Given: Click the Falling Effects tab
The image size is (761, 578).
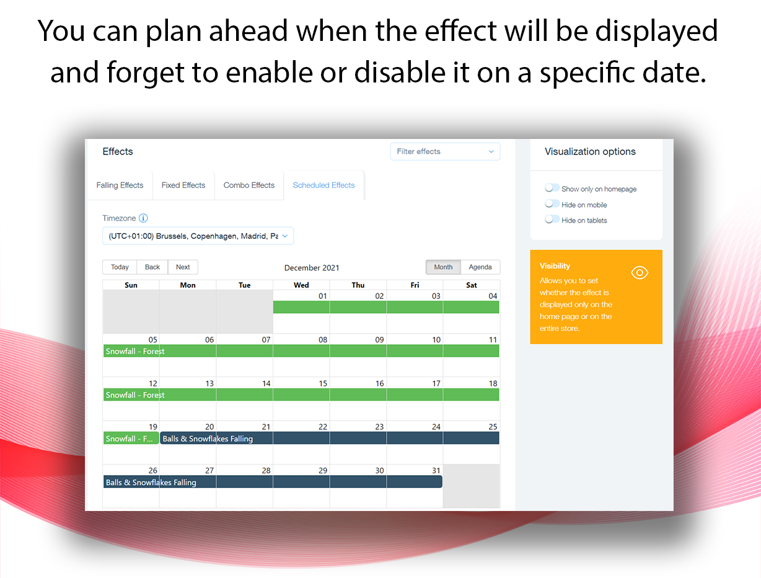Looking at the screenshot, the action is (120, 185).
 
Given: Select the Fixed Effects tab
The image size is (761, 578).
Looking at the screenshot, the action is (183, 185).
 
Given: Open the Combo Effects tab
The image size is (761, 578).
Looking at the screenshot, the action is (249, 185).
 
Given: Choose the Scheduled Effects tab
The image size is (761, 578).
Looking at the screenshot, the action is (323, 185).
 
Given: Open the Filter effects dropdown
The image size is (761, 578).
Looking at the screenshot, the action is (445, 151).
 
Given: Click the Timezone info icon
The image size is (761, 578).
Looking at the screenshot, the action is (143, 218).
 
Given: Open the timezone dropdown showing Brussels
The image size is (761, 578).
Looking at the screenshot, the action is (198, 236).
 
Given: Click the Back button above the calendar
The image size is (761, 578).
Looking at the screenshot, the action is (152, 267).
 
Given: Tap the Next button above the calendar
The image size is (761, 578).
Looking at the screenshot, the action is (183, 267).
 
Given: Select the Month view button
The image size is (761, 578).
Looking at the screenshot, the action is (443, 267).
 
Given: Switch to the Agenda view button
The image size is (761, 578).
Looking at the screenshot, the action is (480, 267).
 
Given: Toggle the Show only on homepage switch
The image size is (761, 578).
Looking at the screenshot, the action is (552, 188).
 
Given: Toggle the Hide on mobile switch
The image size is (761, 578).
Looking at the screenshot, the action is (552, 203).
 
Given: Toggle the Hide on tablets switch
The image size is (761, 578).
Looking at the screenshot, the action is (552, 220).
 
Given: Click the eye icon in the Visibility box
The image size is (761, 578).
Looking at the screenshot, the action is (640, 273).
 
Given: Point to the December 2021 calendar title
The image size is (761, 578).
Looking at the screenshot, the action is (312, 268).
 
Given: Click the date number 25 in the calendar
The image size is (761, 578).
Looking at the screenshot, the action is (493, 427).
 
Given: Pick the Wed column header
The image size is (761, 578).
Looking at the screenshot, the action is (301, 285).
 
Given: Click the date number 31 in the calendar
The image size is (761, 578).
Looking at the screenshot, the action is (436, 471).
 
